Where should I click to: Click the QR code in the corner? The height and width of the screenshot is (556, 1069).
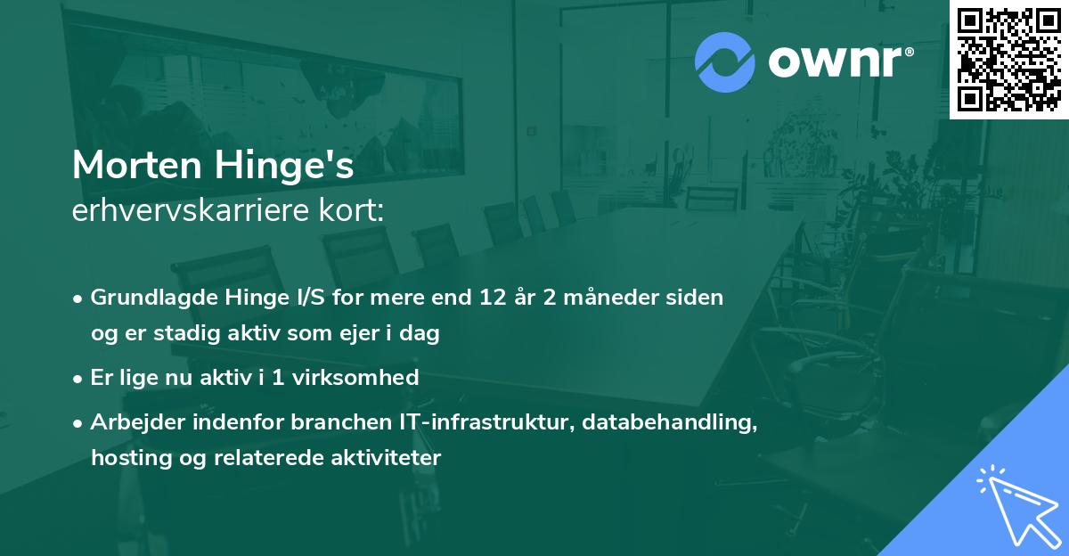coord(1008,59)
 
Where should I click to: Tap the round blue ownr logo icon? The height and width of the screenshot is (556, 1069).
coord(724,63)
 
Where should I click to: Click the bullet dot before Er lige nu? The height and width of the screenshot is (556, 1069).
coord(79,378)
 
